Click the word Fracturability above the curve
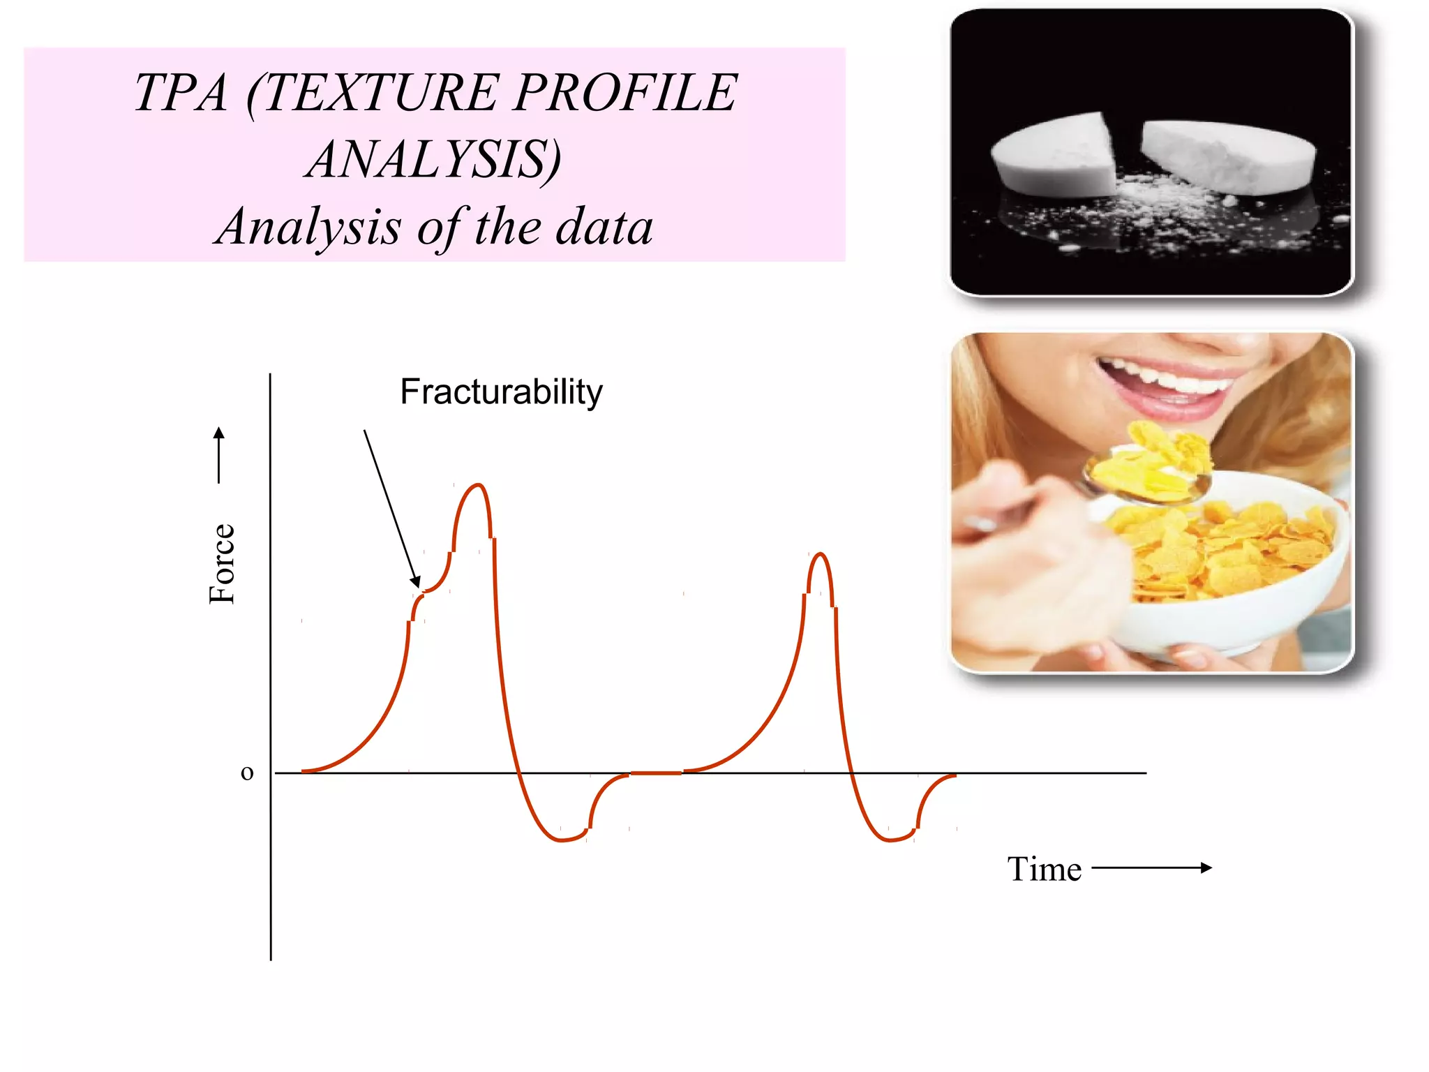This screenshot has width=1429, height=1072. pos(501,392)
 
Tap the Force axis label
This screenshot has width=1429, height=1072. pos(223,564)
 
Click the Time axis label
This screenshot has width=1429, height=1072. pos(1044,870)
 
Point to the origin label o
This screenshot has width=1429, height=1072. pos(247,773)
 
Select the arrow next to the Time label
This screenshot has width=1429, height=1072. pos(1151,868)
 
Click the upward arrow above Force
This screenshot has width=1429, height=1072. pos(219,454)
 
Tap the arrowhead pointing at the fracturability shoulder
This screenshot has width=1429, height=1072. pos(416,581)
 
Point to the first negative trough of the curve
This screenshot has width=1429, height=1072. pos(562,840)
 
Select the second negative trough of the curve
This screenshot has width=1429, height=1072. pos(890,840)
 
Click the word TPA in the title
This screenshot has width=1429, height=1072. pos(181,93)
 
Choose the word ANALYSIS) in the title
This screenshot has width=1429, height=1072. pos(433,160)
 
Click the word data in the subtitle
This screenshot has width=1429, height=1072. pos(604,228)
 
